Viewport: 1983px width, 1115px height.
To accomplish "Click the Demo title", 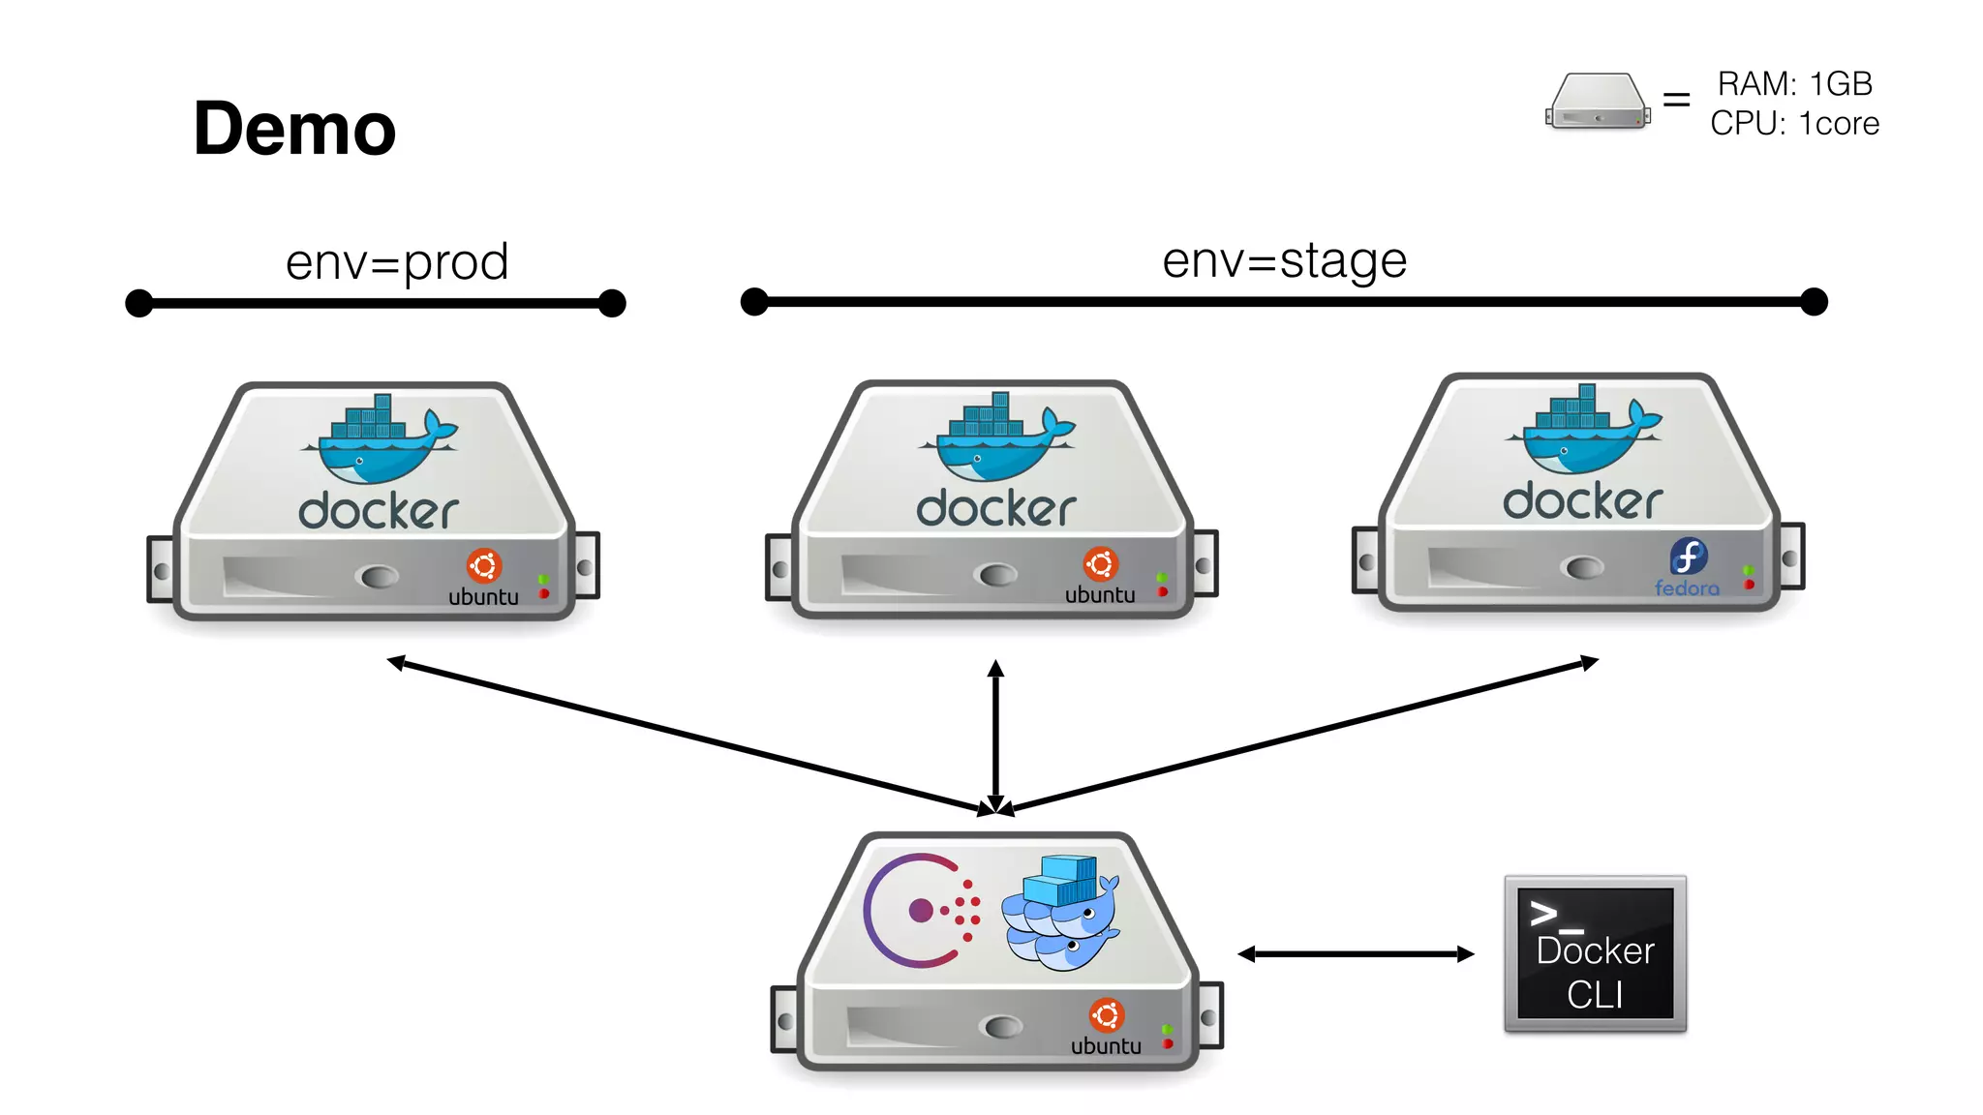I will click(x=294, y=129).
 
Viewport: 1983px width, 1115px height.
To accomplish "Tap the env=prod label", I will click(x=397, y=261).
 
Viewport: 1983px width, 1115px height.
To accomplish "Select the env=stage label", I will click(x=1284, y=259).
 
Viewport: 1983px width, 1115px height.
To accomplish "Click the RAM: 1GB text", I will click(x=1794, y=84).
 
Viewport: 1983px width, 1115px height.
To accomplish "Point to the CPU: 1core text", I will click(x=1794, y=124).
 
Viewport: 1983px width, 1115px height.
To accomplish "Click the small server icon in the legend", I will click(x=1598, y=101).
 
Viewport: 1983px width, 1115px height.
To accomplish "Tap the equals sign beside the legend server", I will click(x=1676, y=100).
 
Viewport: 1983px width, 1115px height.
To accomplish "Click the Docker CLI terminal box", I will click(x=1595, y=954).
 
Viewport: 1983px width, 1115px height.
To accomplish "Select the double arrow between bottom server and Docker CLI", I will click(x=1356, y=954).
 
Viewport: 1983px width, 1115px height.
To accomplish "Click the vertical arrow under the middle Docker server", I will click(x=995, y=736).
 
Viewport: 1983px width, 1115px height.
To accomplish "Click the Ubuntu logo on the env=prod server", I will click(x=484, y=565).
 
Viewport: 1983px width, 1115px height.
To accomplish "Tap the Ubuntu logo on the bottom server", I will click(x=1106, y=1014).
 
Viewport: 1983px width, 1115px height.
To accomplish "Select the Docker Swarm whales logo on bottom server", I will click(x=1061, y=912).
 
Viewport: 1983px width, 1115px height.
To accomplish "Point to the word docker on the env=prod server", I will click(x=378, y=511).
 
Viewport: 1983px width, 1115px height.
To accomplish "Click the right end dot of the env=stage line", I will click(x=1814, y=302).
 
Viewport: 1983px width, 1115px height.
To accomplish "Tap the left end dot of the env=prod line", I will click(x=139, y=303).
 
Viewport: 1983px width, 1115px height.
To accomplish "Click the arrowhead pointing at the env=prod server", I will click(x=395, y=662).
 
